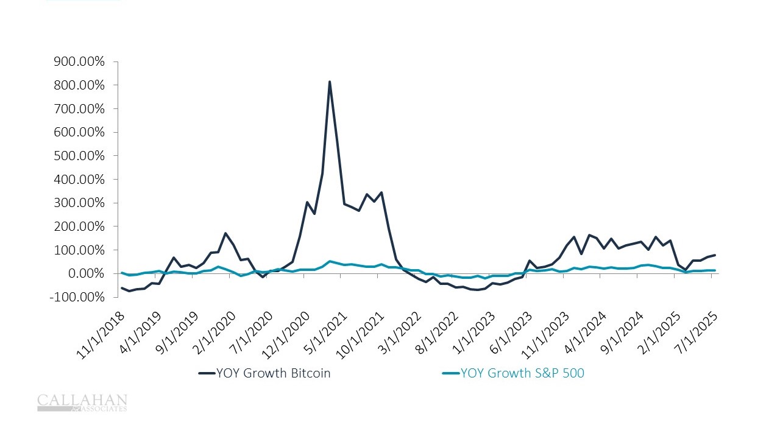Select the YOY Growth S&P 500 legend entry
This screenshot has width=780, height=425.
point(514,373)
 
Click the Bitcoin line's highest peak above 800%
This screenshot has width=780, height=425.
point(330,82)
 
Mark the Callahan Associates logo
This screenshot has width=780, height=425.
point(82,402)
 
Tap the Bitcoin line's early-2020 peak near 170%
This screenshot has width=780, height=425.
point(225,233)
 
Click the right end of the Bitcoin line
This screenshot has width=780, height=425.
point(715,255)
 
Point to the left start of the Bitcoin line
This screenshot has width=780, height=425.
point(122,288)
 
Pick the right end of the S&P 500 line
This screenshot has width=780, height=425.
point(715,270)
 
